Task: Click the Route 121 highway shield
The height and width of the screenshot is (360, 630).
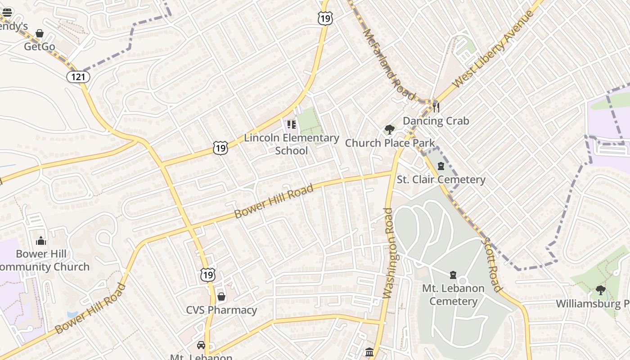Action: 78,77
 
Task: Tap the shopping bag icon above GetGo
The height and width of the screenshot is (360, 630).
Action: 40,33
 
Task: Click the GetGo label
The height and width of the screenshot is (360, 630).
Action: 40,47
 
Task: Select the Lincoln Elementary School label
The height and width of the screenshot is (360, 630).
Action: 292,144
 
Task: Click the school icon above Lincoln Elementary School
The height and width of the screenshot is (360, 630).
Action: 292,124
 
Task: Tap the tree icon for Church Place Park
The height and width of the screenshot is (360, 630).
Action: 390,130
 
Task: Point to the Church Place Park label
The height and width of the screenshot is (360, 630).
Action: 390,143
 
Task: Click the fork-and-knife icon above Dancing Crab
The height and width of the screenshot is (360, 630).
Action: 436,107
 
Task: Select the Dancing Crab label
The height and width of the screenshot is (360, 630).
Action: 436,121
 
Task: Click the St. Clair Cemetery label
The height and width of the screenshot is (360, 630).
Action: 441,180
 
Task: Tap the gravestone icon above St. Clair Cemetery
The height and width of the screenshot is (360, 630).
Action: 441,166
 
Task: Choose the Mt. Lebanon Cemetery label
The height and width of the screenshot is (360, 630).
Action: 453,295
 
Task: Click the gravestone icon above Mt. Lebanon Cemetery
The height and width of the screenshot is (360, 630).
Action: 453,274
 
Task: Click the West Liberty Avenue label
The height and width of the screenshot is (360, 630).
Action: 494,49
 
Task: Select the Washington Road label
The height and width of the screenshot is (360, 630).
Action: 390,253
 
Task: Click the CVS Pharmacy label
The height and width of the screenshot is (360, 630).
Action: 221,310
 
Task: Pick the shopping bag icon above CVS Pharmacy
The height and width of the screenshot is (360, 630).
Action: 221,297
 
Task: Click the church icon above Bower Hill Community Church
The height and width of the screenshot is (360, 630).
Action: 41,241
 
